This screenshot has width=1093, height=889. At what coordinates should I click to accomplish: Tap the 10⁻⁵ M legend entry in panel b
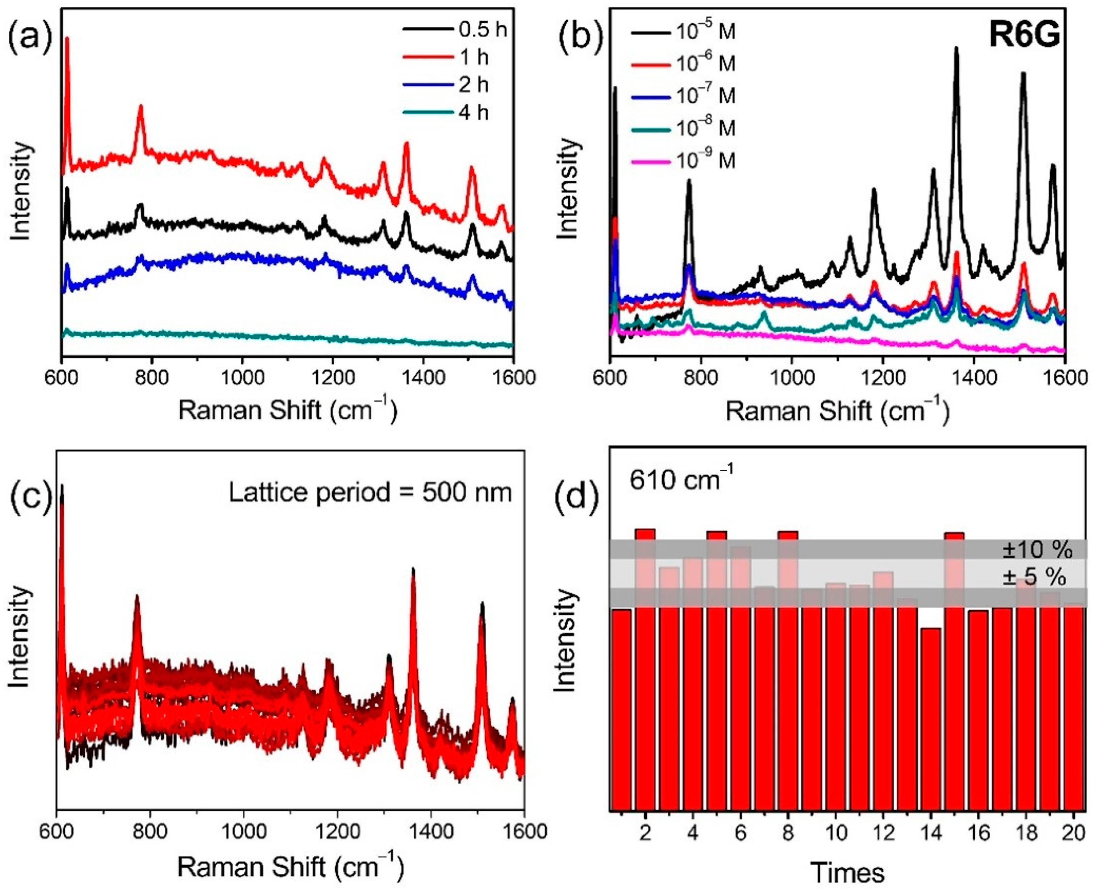684,32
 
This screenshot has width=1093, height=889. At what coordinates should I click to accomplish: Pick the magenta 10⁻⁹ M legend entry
684,161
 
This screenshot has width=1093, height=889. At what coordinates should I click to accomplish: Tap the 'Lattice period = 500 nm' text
370,493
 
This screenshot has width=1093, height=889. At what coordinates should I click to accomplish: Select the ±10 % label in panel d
1037,551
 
